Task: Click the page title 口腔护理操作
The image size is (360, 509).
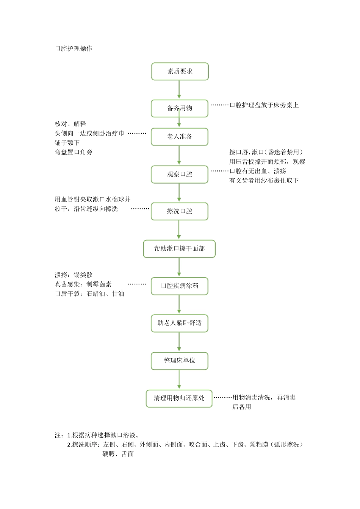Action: coord(74,48)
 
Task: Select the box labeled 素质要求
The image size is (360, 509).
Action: coord(180,71)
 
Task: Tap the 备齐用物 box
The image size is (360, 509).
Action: coord(180,108)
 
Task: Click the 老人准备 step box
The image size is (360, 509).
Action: coord(180,137)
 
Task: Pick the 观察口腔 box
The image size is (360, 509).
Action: coord(180,174)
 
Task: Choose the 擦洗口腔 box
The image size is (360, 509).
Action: coord(180,211)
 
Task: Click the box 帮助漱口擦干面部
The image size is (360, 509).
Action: coord(179,249)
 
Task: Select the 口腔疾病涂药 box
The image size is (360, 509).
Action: coord(180,286)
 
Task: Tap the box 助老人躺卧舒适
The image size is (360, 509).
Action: coord(180,323)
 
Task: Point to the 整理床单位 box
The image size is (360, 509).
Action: coord(180,361)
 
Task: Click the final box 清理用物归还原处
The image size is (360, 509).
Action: coord(179,398)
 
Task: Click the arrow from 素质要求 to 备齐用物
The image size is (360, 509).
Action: coord(179,90)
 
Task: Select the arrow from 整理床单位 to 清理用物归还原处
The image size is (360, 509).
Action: coord(179,379)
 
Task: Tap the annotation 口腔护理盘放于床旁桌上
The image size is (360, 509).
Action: coord(264,105)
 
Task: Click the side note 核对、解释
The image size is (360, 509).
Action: coord(70,124)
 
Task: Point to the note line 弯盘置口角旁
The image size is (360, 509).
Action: coord(74,152)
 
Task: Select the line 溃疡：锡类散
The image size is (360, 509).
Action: coord(74,275)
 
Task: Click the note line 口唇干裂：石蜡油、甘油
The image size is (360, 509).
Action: coord(89,294)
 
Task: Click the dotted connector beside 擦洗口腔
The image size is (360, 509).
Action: coord(140,209)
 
